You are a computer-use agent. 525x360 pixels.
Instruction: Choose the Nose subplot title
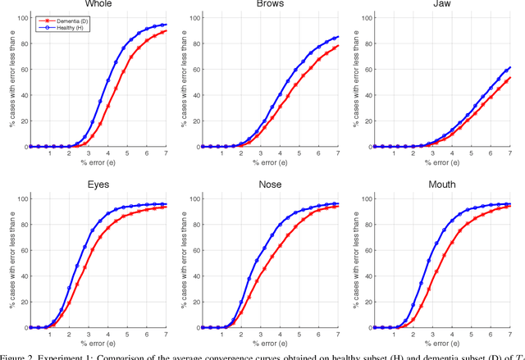point(268,185)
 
